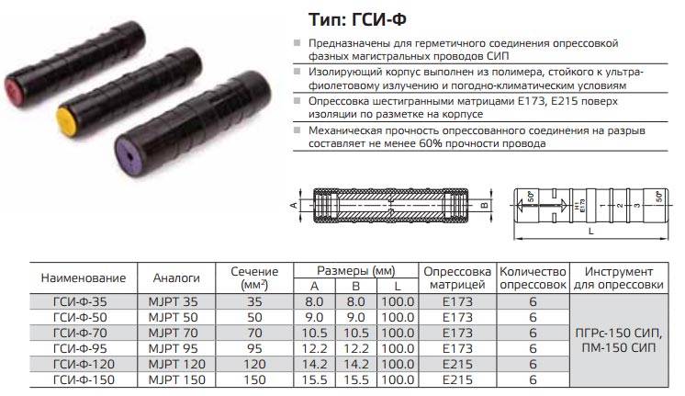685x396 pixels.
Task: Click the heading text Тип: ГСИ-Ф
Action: tap(357, 19)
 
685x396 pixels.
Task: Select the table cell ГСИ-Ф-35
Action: tap(80, 301)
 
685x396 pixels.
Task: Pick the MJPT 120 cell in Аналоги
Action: tap(176, 364)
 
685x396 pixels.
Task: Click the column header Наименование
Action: tap(84, 278)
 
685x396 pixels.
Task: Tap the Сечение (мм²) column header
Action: tap(254, 278)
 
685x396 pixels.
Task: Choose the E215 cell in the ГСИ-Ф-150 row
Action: tap(457, 379)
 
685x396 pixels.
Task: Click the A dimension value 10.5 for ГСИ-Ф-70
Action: tap(314, 333)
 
